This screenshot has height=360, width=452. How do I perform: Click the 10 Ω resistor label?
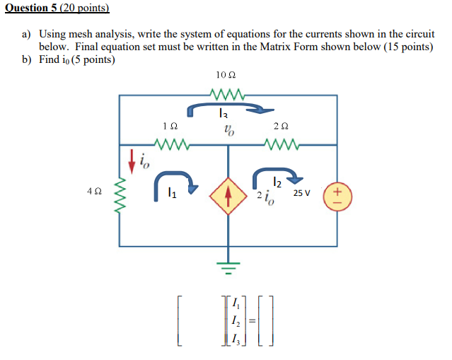[226, 76]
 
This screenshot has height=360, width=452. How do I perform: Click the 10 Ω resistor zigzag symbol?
[227, 92]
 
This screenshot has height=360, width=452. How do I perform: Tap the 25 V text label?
[303, 192]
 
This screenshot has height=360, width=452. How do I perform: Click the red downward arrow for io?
[131, 161]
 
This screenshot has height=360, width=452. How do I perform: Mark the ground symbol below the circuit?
[228, 266]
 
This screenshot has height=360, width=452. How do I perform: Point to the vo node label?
[228, 129]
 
